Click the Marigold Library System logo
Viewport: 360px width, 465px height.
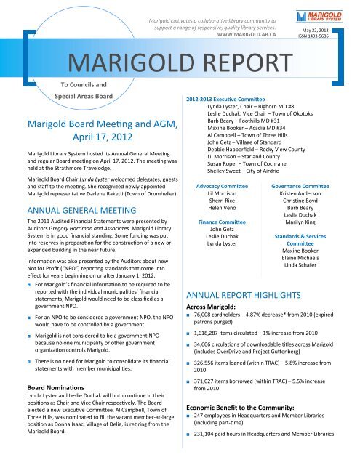[329, 15]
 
